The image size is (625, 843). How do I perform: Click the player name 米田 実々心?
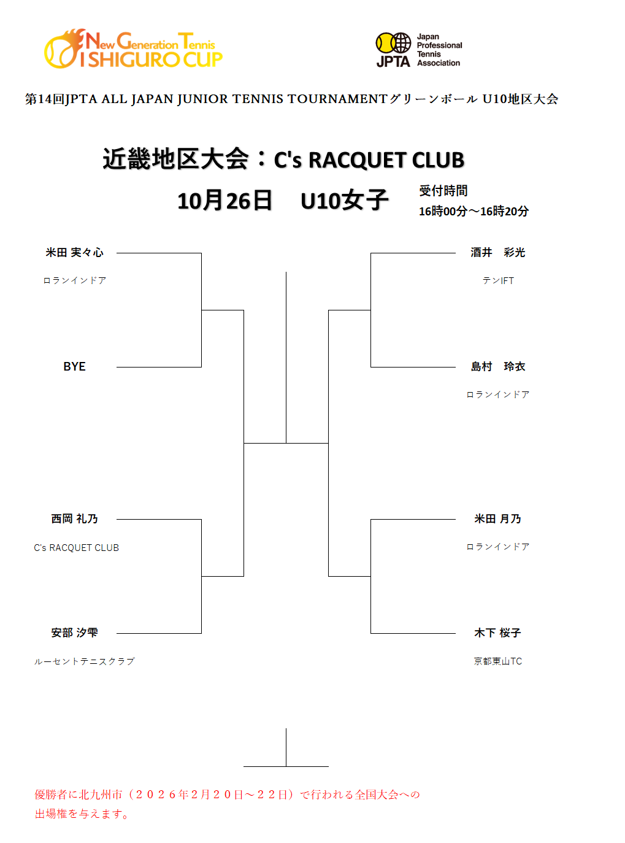[74, 253]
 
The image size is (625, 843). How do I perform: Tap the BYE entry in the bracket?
[74, 367]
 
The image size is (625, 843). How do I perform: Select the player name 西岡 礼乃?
[74, 519]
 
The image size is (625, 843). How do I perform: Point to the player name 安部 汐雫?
[74, 633]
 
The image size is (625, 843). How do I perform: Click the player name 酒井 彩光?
[497, 253]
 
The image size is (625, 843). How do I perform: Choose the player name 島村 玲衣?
[497, 367]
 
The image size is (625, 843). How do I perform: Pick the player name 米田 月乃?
[497, 519]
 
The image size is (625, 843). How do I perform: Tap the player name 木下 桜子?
[497, 633]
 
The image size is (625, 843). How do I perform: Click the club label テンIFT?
[497, 281]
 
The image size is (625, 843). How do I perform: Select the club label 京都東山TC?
[497, 661]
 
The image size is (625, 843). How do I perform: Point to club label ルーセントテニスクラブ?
[84, 661]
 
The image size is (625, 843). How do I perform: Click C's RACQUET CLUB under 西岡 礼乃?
[76, 548]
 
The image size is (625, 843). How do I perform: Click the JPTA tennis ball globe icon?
[393, 43]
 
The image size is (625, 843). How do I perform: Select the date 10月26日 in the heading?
[224, 201]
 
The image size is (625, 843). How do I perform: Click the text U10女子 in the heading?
[344, 201]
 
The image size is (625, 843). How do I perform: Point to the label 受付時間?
[443, 191]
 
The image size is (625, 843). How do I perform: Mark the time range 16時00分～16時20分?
[474, 211]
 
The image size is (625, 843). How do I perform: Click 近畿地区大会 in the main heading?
[175, 160]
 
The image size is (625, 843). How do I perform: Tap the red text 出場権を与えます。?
[82, 814]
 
